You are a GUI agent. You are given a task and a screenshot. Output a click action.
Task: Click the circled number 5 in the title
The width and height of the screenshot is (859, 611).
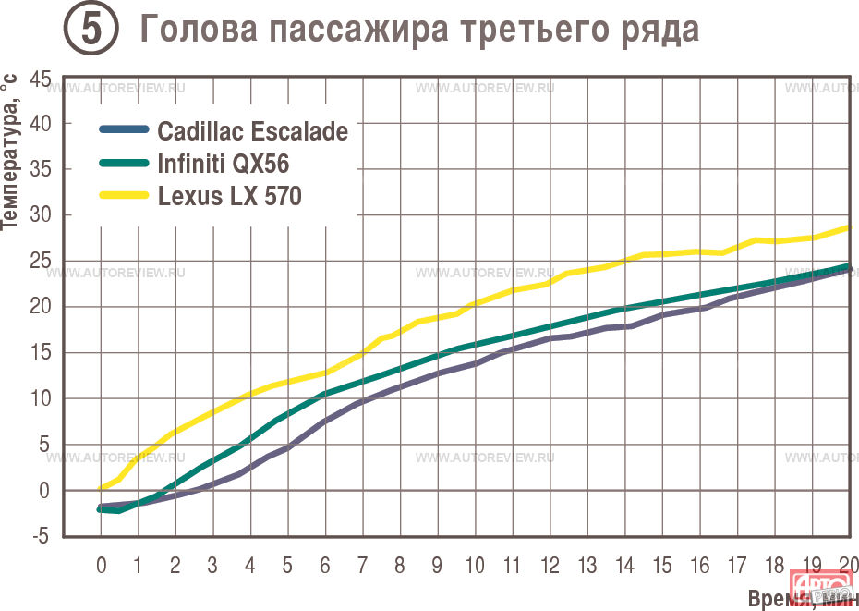tap(91, 29)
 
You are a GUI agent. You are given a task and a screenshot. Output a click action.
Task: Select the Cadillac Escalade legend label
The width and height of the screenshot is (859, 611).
tap(252, 131)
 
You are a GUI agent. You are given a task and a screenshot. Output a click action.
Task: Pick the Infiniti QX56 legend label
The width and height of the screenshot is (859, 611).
tap(223, 165)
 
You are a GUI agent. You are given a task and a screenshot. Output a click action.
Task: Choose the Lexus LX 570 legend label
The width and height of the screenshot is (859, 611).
tap(229, 197)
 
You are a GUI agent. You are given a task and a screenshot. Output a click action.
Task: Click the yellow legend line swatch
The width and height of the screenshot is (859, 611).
tap(123, 196)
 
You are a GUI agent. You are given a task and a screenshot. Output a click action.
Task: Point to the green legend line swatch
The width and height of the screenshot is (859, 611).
tap(123, 164)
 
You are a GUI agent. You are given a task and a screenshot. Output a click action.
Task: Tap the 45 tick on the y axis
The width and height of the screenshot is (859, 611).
tap(41, 79)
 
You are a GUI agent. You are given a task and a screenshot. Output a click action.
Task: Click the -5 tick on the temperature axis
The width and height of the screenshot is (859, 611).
tap(42, 536)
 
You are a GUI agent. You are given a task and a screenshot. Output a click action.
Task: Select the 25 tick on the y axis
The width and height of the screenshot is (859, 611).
tap(41, 262)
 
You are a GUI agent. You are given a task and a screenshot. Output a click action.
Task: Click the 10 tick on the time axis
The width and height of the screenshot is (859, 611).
tap(475, 564)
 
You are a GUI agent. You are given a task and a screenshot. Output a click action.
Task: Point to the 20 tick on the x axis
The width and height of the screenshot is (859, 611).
tap(849, 564)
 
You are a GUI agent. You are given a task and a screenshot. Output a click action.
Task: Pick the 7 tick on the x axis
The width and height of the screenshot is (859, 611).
tap(362, 564)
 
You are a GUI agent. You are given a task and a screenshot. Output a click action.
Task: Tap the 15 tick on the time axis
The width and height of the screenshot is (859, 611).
tap(661, 564)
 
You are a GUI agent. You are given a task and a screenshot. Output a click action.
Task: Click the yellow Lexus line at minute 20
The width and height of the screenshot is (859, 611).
tap(849, 226)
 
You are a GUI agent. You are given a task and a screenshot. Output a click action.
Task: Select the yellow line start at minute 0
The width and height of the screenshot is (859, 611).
tap(102, 488)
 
